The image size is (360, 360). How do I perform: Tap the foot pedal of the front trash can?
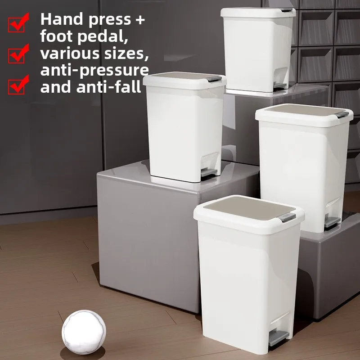(279, 337)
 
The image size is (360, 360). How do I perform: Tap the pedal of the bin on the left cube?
(208, 172)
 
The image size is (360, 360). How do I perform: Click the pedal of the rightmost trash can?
(332, 222)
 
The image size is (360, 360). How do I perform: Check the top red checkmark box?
(18, 22)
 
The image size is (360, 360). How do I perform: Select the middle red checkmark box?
(18, 54)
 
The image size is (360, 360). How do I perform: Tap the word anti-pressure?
(94, 70)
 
